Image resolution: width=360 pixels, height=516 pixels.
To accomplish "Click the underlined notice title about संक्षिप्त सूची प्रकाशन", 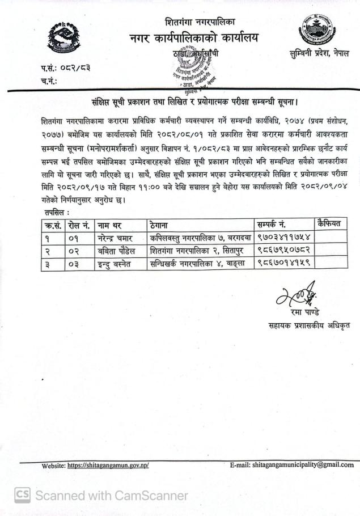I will coord(195,102).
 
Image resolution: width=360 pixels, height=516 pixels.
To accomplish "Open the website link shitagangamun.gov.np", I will coord(108,466).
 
